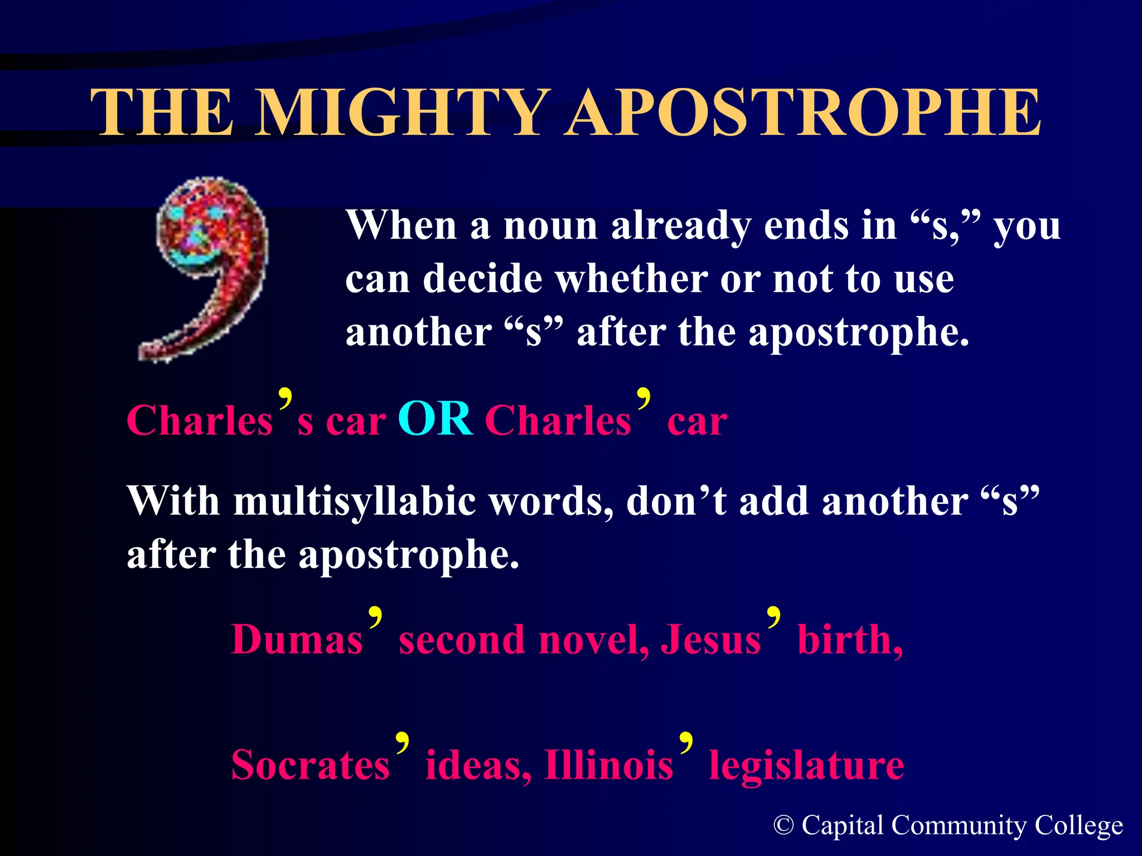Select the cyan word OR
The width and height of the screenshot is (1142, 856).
click(435, 419)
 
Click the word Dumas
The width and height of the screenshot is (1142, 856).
click(297, 639)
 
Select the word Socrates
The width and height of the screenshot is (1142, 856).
click(310, 765)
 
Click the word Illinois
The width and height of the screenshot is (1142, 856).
click(609, 765)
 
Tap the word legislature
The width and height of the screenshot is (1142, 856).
click(806, 765)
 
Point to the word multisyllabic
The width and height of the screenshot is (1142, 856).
click(355, 501)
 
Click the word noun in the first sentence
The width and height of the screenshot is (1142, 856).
click(550, 226)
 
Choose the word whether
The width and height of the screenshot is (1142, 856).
click(632, 279)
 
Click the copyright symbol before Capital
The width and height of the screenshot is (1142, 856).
click(783, 825)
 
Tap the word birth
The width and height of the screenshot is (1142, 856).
click(849, 639)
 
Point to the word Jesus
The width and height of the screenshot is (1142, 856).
click(710, 639)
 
